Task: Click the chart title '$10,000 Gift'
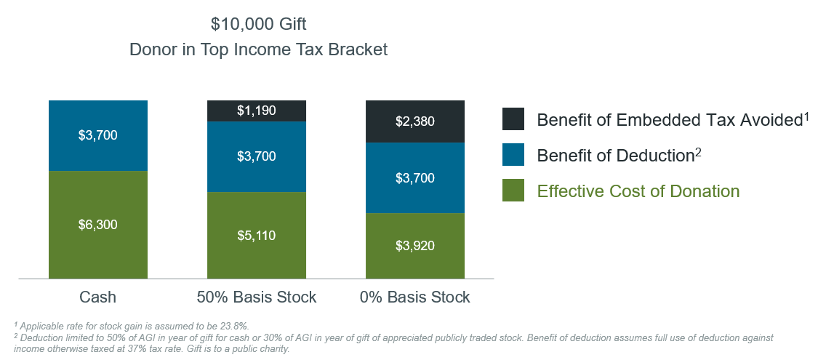[x=258, y=24]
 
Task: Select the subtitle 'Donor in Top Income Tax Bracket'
[x=258, y=50]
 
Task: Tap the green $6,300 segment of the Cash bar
[x=98, y=225]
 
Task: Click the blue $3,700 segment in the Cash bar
[x=98, y=135]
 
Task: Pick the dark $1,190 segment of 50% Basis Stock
[x=257, y=111]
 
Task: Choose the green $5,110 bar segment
[x=257, y=235]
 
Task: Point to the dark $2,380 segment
[x=414, y=121]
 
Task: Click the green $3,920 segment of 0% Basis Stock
[x=414, y=246]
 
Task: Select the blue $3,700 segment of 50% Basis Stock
[x=257, y=156]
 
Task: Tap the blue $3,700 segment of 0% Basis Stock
[x=414, y=177]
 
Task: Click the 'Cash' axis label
[x=97, y=297]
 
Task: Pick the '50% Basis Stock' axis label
[x=257, y=297]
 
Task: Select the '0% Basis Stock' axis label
[x=415, y=297]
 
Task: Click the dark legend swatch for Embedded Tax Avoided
[x=513, y=119]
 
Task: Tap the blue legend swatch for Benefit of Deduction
[x=513, y=155]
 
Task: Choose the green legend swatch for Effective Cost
[x=513, y=191]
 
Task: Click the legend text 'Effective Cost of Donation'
[x=638, y=191]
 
